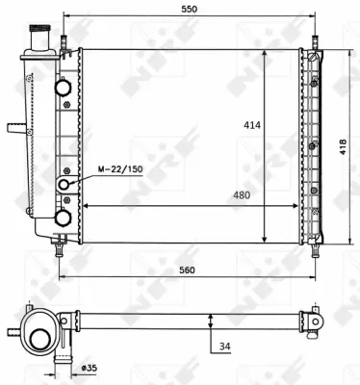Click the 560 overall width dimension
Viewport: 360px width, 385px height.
pyautogui.click(x=188, y=270)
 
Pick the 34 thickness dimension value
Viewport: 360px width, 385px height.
pyautogui.click(x=222, y=346)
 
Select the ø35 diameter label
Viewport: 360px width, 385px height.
pyautogui.click(x=89, y=368)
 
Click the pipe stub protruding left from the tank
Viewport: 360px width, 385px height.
pyautogui.click(x=15, y=127)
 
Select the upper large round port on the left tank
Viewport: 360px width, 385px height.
pyautogui.click(x=64, y=88)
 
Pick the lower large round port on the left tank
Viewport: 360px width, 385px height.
pyautogui.click(x=64, y=218)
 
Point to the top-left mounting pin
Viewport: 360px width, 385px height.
pyautogui.click(x=64, y=42)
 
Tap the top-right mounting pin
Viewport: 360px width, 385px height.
pyautogui.click(x=313, y=42)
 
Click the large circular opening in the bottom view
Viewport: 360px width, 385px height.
pyautogui.click(x=41, y=339)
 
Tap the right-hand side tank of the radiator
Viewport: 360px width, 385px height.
pyautogui.click(x=313, y=144)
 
